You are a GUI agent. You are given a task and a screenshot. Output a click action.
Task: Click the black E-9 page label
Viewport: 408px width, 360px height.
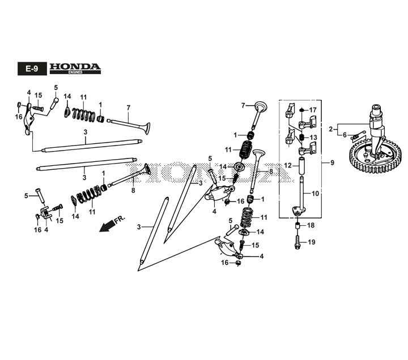[x=32, y=68]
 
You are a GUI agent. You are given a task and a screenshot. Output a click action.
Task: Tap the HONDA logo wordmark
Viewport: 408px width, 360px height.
[x=75, y=67]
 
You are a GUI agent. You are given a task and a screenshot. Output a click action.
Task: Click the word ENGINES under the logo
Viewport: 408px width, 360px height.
[x=75, y=72]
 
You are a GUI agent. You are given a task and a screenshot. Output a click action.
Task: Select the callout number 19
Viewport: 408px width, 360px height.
[x=312, y=242]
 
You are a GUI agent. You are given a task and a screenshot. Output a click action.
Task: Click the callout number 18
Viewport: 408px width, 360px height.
[x=311, y=225]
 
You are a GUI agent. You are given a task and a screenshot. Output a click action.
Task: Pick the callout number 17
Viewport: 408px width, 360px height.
[x=312, y=110]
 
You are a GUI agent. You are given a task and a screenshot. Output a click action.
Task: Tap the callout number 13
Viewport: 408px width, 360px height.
[x=313, y=137]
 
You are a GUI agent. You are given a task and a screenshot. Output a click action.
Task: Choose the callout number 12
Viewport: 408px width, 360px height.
[x=288, y=165]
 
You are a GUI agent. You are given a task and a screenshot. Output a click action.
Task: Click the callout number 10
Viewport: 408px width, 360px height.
[x=315, y=194]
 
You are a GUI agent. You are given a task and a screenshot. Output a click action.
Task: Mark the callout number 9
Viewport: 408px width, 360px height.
[x=332, y=163]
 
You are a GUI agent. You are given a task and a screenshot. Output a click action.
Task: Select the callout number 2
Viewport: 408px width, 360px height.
[x=331, y=129]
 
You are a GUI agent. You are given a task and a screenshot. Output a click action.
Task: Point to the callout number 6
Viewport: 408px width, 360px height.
[x=345, y=135]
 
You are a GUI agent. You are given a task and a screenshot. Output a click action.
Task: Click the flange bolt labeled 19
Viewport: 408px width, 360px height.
[x=297, y=242]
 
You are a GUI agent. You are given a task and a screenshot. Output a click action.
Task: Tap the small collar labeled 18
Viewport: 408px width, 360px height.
[x=297, y=225]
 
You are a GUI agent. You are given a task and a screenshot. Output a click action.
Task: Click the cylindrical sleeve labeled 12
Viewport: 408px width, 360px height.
[x=302, y=166]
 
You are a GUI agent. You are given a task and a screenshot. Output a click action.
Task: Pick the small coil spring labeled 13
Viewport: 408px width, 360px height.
[x=302, y=137]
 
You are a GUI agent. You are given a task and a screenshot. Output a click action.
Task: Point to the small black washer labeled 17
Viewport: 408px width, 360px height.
[x=302, y=110]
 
